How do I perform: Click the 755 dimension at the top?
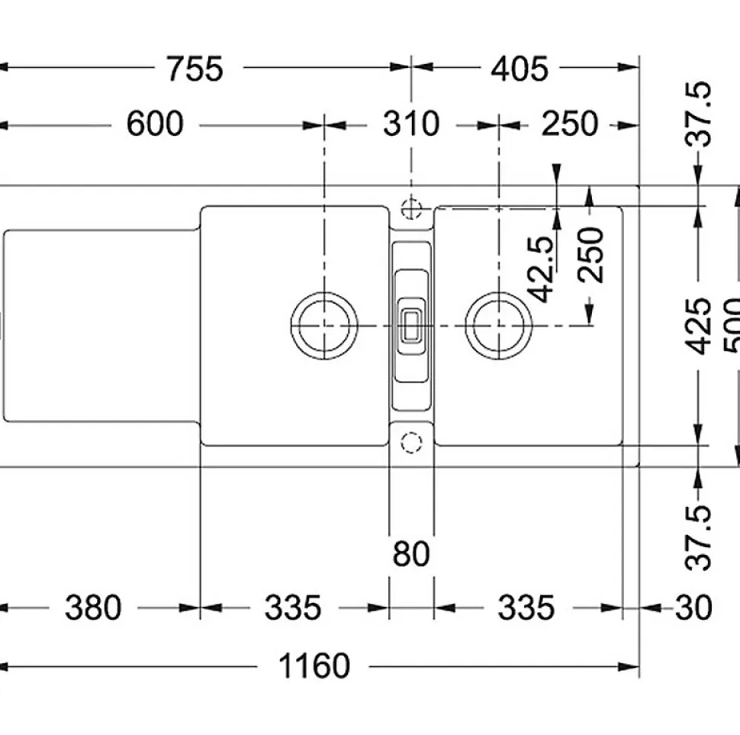point(195,69)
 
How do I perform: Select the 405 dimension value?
point(519,69)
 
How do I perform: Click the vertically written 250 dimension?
point(591,254)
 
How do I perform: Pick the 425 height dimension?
point(697,326)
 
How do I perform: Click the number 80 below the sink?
point(411,554)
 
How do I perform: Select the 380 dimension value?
point(93,609)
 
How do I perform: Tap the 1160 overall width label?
point(314,667)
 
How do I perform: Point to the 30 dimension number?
point(693,609)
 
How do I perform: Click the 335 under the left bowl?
point(293,609)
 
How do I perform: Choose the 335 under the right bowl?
point(526,609)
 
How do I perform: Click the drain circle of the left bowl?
point(324,325)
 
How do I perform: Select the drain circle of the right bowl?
point(498,325)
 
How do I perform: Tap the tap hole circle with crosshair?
point(411,207)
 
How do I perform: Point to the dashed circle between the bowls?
point(411,442)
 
